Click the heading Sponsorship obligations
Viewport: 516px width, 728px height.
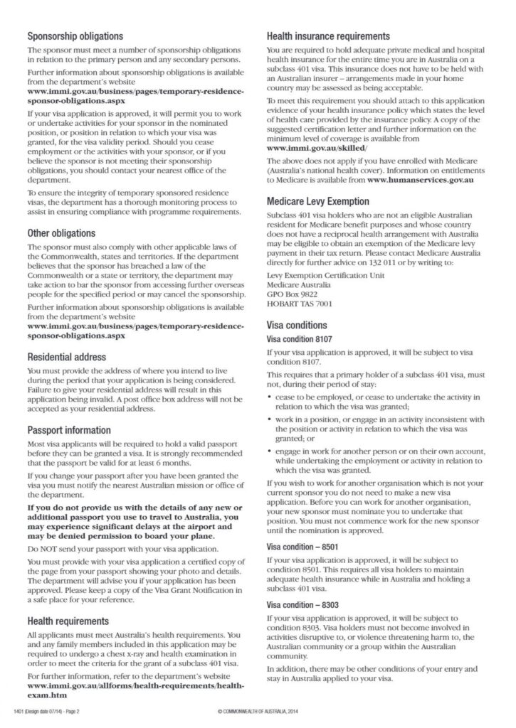coord(75,36)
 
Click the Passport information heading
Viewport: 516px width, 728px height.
coord(69,430)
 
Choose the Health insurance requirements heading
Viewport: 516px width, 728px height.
coord(328,36)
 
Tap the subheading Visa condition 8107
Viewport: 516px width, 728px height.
coord(299,339)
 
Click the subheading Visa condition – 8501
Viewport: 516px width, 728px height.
coord(302,547)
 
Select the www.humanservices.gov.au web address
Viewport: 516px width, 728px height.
coord(422,181)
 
